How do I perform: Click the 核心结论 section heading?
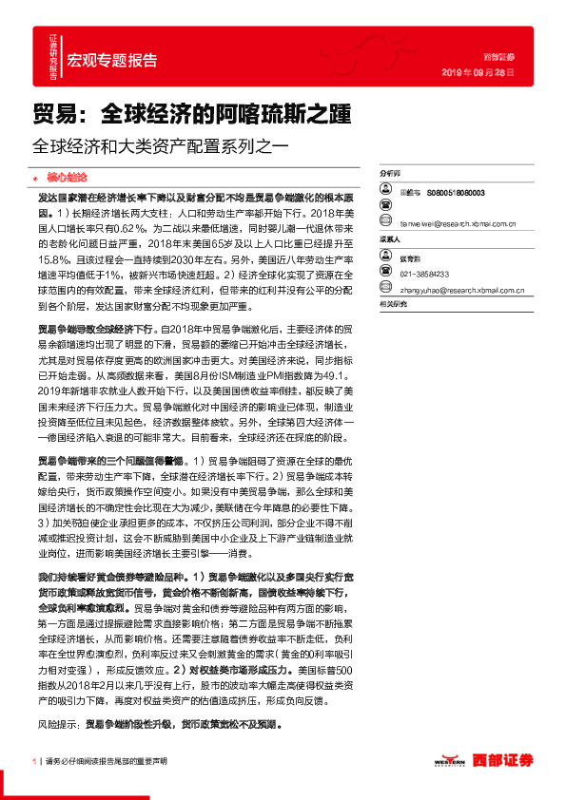(x=67, y=177)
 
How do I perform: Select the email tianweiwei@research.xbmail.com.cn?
(x=457, y=226)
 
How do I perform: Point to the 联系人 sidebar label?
(x=389, y=240)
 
